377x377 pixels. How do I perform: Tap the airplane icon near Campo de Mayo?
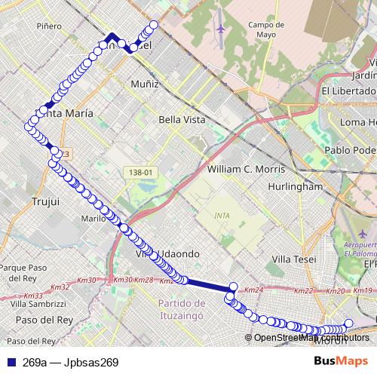point(221,29)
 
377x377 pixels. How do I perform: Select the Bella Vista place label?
point(177,119)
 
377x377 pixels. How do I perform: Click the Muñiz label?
point(145,84)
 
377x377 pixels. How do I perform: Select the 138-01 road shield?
point(139,173)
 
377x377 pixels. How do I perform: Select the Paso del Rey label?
point(38,320)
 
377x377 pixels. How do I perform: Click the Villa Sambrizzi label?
point(38,303)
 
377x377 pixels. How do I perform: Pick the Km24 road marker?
point(255,290)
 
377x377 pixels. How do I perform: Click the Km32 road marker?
point(59,287)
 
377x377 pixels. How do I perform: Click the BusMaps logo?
point(341,362)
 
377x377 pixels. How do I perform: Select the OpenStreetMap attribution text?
point(309,338)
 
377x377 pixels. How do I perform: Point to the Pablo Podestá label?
point(350,149)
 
